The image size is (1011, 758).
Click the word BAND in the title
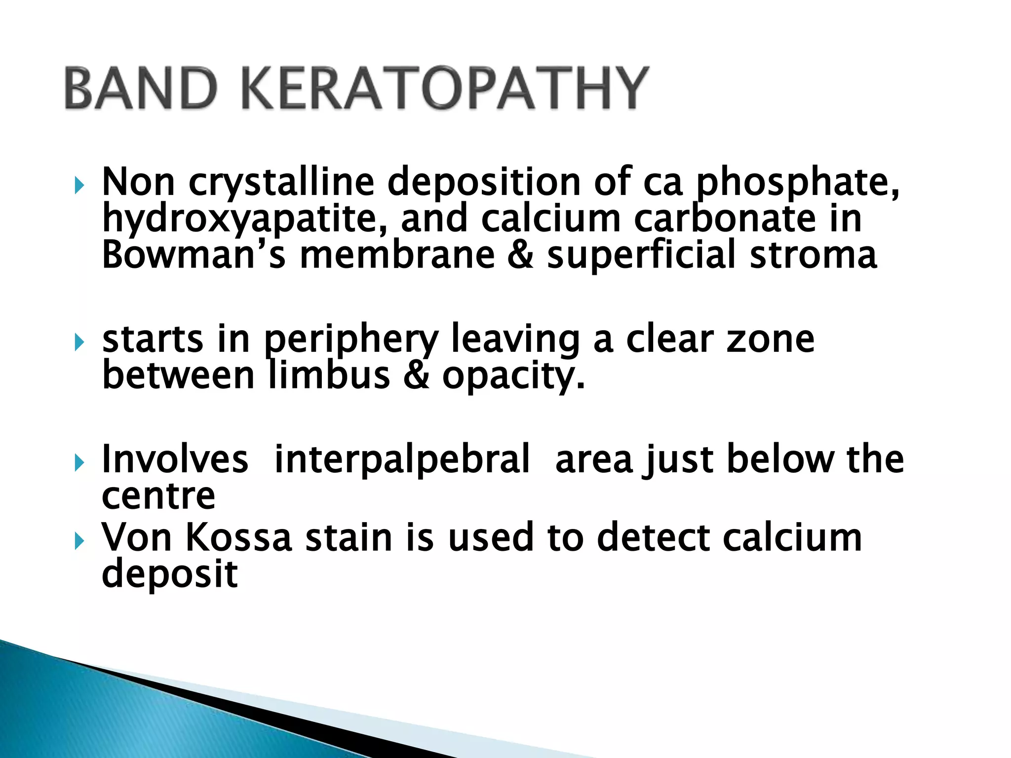[141, 89]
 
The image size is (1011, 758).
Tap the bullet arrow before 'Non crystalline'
[79, 186]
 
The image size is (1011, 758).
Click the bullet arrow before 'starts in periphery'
[79, 342]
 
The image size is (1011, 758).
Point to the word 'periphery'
[351, 341]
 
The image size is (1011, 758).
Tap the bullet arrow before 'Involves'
[79, 463]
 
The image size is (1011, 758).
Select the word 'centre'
[158, 496]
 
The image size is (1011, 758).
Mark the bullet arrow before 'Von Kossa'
[79, 541]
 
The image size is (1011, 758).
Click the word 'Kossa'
[239, 537]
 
